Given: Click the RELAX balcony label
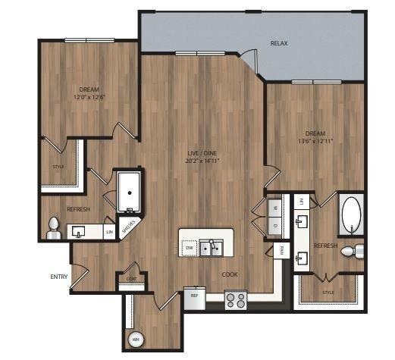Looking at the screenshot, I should tap(280, 43).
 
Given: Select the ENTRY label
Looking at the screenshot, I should tap(59, 277).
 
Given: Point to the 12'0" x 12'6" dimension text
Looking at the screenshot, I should tap(89, 97).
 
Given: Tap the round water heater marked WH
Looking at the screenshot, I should tap(136, 339).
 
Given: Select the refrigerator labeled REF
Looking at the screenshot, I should tap(194, 297).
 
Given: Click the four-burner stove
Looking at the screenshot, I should tap(236, 300).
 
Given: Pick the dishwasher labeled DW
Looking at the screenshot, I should tap(190, 246).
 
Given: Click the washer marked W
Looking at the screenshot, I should tap(274, 207).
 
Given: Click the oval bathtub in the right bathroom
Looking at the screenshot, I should tap(352, 215).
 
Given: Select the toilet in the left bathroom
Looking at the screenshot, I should tap(53, 227).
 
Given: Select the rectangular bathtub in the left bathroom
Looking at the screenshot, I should tap(130, 190).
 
